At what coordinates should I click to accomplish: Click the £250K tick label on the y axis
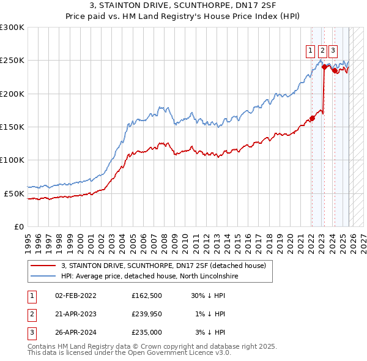(x=12, y=61)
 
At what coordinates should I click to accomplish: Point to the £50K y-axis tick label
(x=14, y=193)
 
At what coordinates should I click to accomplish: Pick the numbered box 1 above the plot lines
(x=311, y=51)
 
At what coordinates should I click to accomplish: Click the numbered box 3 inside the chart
(x=333, y=51)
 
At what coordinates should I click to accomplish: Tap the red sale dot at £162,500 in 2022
(x=312, y=119)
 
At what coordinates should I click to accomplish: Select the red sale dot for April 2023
(x=324, y=67)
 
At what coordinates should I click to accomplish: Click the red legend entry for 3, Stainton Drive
(x=163, y=266)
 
